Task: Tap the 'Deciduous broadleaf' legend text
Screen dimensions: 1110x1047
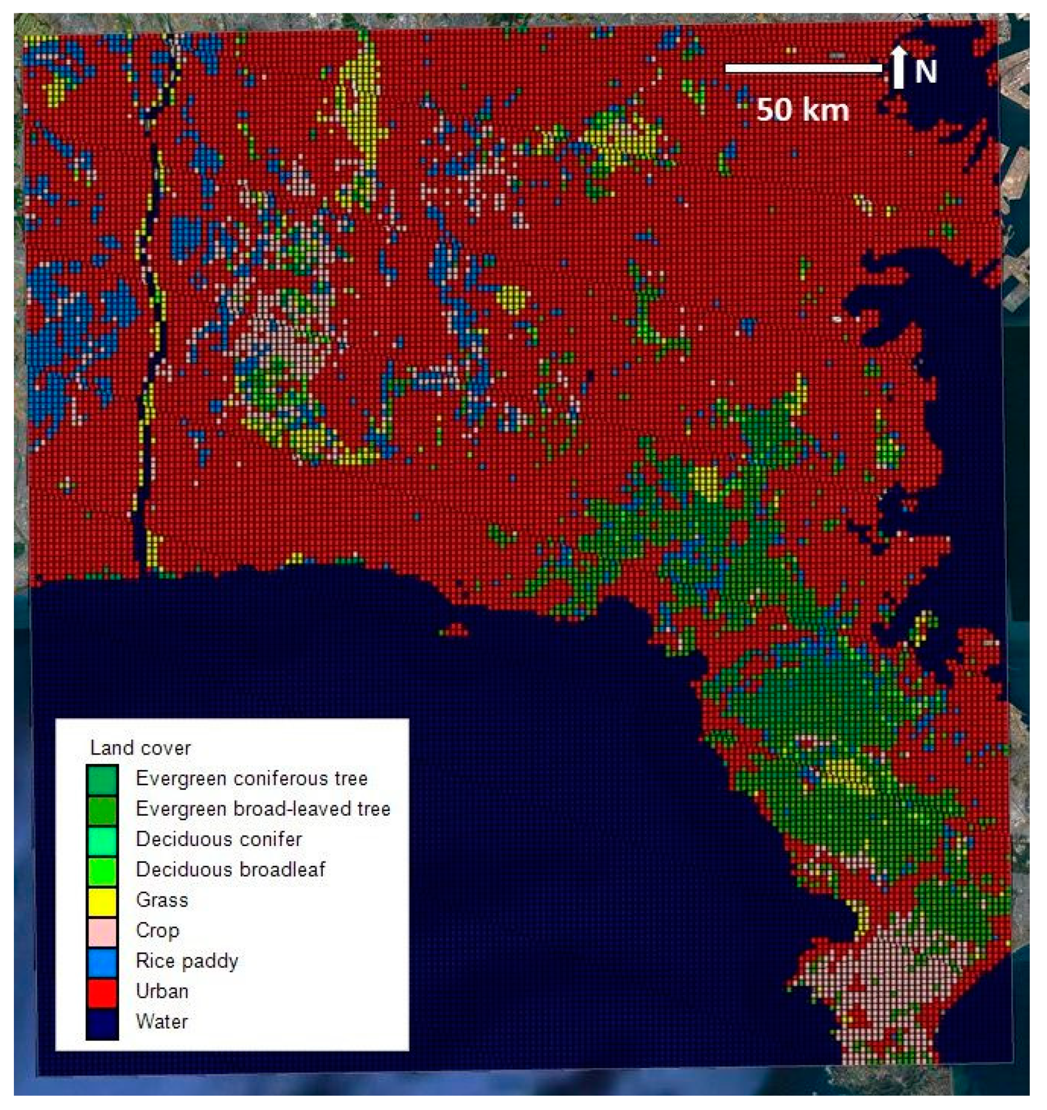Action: click(231, 870)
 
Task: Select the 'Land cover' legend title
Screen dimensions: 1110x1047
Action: click(140, 748)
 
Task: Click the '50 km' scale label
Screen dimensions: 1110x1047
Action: click(802, 110)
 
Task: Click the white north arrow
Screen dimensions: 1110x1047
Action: click(898, 67)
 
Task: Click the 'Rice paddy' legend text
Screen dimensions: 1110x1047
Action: click(187, 961)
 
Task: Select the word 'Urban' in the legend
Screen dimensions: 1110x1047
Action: click(162, 992)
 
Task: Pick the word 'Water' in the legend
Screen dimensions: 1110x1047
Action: click(162, 1022)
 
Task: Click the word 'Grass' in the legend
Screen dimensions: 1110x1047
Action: click(162, 900)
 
